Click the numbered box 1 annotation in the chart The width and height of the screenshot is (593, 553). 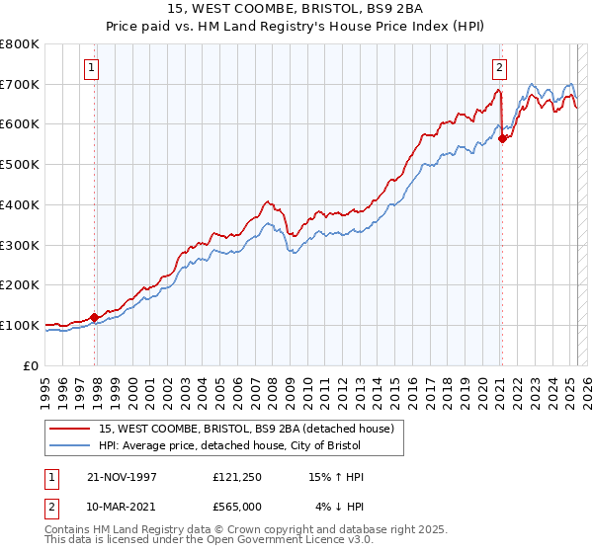[x=90, y=68]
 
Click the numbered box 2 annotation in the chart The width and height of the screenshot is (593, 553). [x=499, y=68]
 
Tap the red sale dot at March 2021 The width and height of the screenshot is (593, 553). [x=502, y=138]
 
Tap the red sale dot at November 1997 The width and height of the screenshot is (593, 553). [x=95, y=317]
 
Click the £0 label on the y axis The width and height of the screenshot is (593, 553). [x=32, y=365]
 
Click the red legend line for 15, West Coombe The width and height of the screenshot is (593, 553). [x=69, y=428]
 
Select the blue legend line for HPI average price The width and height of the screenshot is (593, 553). [x=69, y=445]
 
